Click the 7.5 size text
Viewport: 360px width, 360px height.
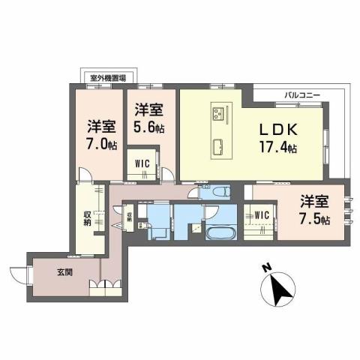(313, 219)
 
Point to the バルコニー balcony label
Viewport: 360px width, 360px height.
(303, 96)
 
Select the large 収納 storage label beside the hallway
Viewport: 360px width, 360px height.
(87, 218)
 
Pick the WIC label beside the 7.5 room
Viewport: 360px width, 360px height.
(262, 215)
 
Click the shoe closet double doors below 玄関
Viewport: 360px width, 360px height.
(105, 287)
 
